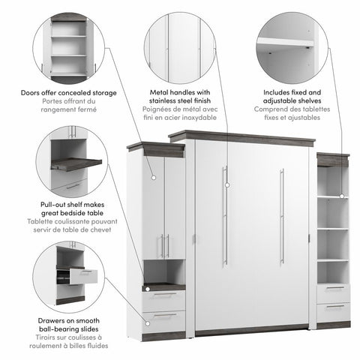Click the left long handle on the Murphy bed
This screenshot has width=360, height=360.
[224, 215]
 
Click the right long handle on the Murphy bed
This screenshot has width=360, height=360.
[282, 215]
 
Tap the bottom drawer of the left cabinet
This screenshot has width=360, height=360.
[164, 319]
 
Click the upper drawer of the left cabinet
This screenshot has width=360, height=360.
[164, 297]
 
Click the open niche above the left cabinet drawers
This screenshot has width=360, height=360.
[164, 271]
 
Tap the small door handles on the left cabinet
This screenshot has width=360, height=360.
[164, 245]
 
